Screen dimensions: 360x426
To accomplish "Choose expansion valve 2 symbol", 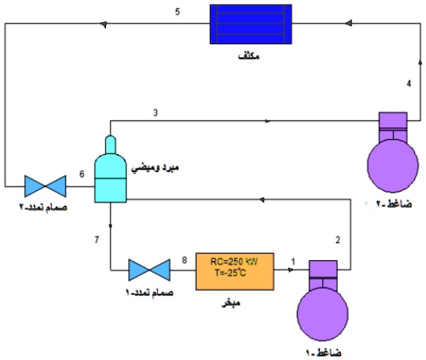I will point(45,186).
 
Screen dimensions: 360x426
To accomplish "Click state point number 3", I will point(156,113).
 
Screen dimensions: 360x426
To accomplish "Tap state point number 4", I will point(408,83).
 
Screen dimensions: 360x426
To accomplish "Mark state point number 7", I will point(96,238).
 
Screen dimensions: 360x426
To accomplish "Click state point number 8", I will point(184,259).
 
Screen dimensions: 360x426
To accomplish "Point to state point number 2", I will point(338,239).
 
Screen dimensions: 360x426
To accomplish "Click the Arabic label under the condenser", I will point(251,57).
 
